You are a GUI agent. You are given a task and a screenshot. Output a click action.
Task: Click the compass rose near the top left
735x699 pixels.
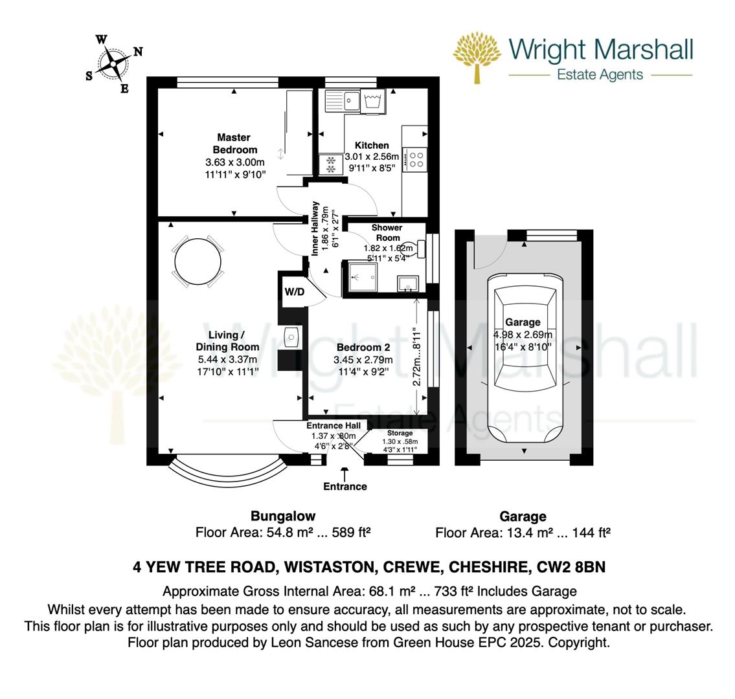click(x=113, y=63)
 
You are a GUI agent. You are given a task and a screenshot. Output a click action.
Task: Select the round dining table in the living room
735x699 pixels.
click(x=198, y=261)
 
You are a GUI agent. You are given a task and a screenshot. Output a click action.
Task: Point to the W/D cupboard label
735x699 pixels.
click(x=295, y=292)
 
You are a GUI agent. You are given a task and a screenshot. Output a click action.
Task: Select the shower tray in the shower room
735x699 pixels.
click(x=363, y=277)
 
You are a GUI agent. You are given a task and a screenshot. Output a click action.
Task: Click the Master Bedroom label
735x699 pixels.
click(x=235, y=144)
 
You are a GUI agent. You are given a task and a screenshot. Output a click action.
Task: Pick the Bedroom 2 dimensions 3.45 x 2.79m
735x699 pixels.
click(x=363, y=360)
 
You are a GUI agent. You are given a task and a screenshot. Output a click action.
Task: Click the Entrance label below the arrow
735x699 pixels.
click(x=345, y=486)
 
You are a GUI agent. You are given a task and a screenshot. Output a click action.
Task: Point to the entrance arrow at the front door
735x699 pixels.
click(x=345, y=472)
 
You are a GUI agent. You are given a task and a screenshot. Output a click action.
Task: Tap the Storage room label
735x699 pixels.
click(x=400, y=433)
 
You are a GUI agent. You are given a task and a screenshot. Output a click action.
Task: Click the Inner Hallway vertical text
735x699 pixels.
click(x=315, y=228)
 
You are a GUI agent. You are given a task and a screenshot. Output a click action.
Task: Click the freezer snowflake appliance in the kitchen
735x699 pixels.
click(x=331, y=164)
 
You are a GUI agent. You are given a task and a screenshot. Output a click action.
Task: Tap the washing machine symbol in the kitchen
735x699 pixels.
click(x=373, y=101)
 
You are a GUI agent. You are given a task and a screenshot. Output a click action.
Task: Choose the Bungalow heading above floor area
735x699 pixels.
click(x=283, y=516)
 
